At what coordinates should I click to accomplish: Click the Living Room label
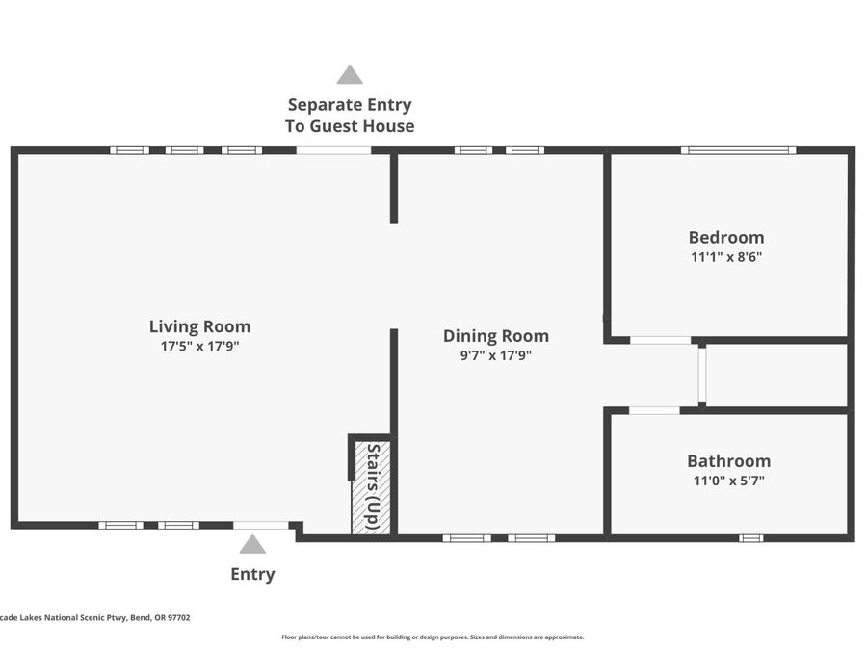[x=199, y=326]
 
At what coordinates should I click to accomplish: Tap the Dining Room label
[x=496, y=336]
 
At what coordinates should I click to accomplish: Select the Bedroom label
[x=726, y=237]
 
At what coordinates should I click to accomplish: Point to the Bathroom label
[x=729, y=461]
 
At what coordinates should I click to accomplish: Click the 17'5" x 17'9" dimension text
[x=199, y=347]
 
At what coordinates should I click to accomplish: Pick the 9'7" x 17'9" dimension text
[x=496, y=355]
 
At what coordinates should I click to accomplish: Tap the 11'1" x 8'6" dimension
[x=726, y=257]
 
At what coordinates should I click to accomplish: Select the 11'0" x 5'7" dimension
[x=729, y=481]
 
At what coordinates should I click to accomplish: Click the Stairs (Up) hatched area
[x=371, y=487]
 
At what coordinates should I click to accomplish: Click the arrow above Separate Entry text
[x=350, y=75]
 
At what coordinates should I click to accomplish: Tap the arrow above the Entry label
[x=252, y=544]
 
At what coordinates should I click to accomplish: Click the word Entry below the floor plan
[x=252, y=574]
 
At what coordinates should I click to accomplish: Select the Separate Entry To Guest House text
[x=350, y=115]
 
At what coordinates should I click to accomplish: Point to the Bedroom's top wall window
[x=738, y=150]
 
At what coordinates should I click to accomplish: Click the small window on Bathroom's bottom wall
[x=750, y=537]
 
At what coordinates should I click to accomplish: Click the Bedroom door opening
[x=660, y=340]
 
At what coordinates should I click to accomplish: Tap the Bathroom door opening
[x=654, y=410]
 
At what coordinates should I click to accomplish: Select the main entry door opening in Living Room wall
[x=261, y=525]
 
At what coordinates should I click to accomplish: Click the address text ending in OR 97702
[x=95, y=618]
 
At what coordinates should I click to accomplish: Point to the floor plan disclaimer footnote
[x=433, y=637]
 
